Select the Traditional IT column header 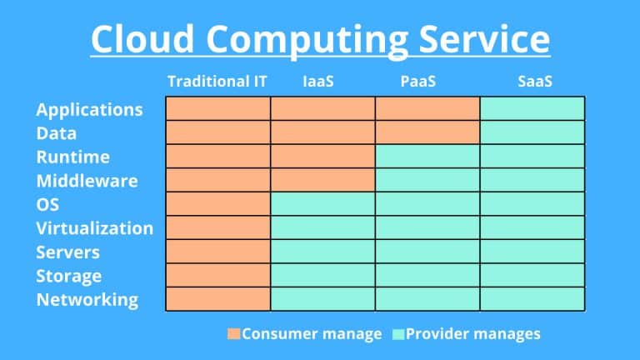click(217, 82)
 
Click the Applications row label click(89, 109)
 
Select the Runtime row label click(72, 157)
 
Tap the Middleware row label click(87, 180)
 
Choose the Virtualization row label click(94, 227)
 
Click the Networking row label click(87, 299)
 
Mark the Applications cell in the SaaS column click(532, 108)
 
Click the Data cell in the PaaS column click(427, 132)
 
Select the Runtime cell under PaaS click(427, 156)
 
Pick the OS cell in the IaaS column click(323, 204)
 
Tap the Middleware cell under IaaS click(323, 180)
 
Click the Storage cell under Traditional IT click(218, 276)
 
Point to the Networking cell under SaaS click(532, 299)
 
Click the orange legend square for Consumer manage click(233, 334)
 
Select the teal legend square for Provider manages click(398, 334)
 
